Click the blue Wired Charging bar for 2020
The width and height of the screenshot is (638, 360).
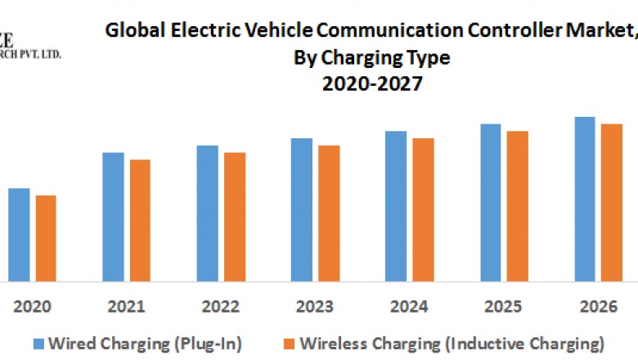pyautogui.click(x=19, y=235)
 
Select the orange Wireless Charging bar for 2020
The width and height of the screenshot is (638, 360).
pyautogui.click(x=46, y=238)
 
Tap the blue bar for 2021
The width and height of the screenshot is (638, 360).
pyautogui.click(x=113, y=217)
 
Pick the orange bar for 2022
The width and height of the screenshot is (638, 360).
pyautogui.click(x=235, y=217)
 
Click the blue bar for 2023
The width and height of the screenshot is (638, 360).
pyautogui.click(x=302, y=209)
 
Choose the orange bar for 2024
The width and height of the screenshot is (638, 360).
pyautogui.click(x=423, y=209)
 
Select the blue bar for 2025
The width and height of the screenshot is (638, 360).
pyautogui.click(x=491, y=202)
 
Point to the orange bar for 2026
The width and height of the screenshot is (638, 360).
pyautogui.click(x=612, y=202)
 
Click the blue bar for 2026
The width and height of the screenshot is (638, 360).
pyautogui.click(x=585, y=199)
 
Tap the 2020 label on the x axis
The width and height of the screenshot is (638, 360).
pyautogui.click(x=33, y=307)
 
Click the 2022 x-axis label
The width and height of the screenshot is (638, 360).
pyautogui.click(x=221, y=307)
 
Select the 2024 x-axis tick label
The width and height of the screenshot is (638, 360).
pyautogui.click(x=410, y=307)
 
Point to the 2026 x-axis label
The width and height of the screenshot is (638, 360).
pyautogui.click(x=598, y=307)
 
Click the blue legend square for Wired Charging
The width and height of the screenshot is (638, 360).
pyautogui.click(x=38, y=342)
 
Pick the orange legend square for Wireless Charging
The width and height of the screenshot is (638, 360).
pyautogui.click(x=290, y=342)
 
